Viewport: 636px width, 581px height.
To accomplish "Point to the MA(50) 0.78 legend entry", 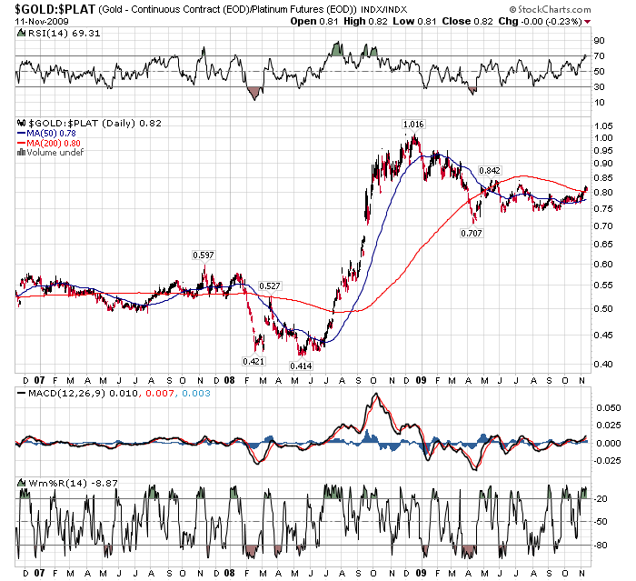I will [57, 133].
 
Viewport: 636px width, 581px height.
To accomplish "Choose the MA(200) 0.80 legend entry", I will [59, 142].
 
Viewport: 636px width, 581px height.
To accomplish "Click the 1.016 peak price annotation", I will [412, 123].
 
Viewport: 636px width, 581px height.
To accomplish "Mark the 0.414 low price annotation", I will [301, 366].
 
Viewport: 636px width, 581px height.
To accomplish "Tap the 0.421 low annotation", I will [253, 361].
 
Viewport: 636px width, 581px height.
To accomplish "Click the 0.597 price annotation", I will [204, 255].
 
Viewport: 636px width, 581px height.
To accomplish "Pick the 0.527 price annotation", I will [269, 285].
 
